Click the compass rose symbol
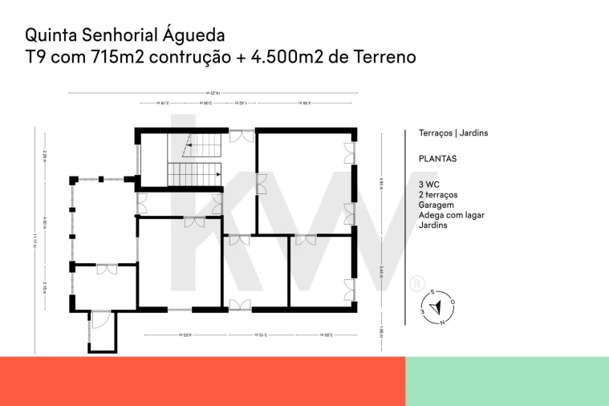[x=436, y=307]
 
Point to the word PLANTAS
[x=437, y=159]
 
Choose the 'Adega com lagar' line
[x=451, y=215]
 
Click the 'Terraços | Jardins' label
[x=453, y=133]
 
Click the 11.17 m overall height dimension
[x=35, y=240]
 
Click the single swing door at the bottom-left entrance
[x=100, y=321]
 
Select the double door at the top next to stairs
[x=241, y=136]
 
